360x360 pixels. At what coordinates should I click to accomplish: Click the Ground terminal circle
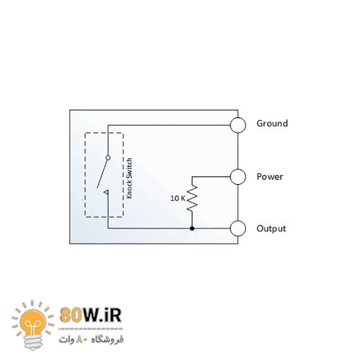(x=238, y=125)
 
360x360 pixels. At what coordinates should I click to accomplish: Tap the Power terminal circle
(x=238, y=176)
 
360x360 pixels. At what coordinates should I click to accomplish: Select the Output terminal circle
(x=238, y=229)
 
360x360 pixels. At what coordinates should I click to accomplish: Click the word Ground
(x=272, y=123)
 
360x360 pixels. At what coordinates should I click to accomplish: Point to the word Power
(x=270, y=177)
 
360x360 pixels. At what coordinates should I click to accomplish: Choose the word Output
(x=271, y=229)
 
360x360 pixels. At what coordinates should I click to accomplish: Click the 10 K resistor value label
(x=178, y=198)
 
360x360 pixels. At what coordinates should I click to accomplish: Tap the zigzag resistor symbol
(x=192, y=198)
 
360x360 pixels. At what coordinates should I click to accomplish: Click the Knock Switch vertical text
(x=129, y=178)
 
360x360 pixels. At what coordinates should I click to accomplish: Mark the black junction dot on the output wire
(x=192, y=229)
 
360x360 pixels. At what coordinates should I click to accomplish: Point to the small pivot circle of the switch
(x=108, y=157)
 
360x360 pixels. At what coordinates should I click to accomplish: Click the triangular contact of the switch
(x=106, y=193)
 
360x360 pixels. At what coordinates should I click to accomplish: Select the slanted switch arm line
(x=102, y=173)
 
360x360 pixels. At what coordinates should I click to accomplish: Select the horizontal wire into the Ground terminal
(x=171, y=125)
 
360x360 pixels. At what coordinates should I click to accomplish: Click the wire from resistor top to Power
(x=211, y=176)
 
